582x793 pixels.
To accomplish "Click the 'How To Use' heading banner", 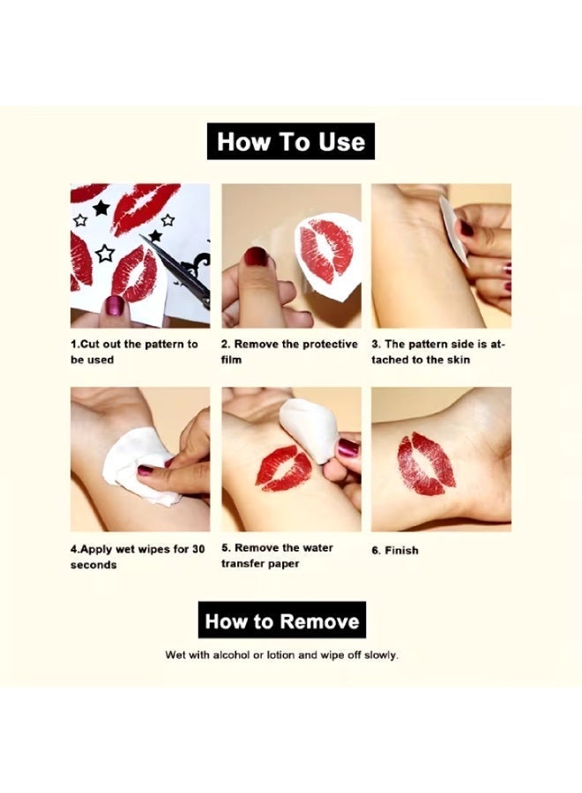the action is pyautogui.click(x=291, y=141).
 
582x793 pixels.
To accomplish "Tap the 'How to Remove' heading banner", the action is pyautogui.click(x=282, y=620).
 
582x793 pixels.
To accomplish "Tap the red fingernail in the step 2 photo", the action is pyautogui.click(x=256, y=259).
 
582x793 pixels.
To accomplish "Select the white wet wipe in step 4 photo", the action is pyautogui.click(x=139, y=466).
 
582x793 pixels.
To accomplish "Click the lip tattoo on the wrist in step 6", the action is pyautogui.click(x=426, y=463).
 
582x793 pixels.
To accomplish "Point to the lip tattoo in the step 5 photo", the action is pyautogui.click(x=283, y=469).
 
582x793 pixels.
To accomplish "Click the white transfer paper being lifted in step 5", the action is pyautogui.click(x=309, y=429).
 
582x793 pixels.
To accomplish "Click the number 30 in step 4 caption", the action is pyautogui.click(x=198, y=549).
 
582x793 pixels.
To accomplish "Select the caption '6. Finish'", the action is pyautogui.click(x=395, y=550).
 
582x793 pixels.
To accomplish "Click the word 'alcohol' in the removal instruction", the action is pyautogui.click(x=231, y=655).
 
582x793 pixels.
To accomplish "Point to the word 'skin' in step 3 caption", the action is pyautogui.click(x=459, y=360).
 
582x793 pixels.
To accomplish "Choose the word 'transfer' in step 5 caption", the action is pyautogui.click(x=240, y=564).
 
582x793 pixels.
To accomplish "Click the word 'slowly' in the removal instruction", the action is pyautogui.click(x=381, y=656).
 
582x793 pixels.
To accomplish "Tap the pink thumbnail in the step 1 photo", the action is pyautogui.click(x=115, y=305).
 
